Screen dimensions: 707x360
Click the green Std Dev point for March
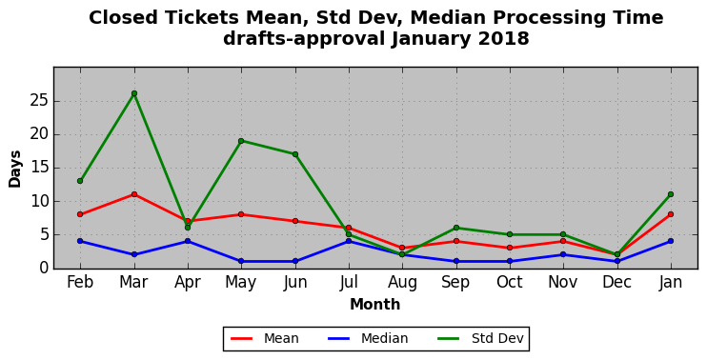(x=134, y=93)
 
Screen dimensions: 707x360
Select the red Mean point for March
(x=134, y=194)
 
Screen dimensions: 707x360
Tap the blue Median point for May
(x=241, y=261)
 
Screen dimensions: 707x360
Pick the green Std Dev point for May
(x=241, y=141)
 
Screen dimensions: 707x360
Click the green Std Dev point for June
(x=294, y=154)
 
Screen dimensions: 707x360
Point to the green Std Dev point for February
(x=80, y=181)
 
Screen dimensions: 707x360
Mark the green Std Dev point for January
(x=671, y=194)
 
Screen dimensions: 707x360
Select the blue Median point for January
(x=671, y=241)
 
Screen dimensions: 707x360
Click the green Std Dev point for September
(x=456, y=228)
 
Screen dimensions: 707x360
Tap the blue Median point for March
(x=134, y=254)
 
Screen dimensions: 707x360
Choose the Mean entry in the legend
(x=265, y=338)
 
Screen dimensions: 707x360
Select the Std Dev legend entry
(x=480, y=338)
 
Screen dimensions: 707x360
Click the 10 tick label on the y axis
(x=39, y=201)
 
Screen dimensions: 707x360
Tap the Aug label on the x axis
(x=402, y=283)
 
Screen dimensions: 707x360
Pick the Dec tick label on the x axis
(x=616, y=282)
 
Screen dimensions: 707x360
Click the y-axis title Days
(x=15, y=169)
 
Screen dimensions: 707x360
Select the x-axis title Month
(x=375, y=304)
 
